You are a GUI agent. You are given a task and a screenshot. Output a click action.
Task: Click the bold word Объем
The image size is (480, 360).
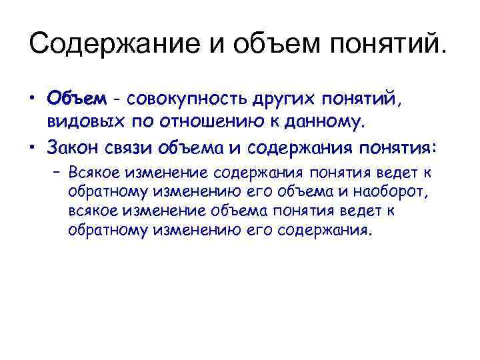(x=76, y=99)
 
